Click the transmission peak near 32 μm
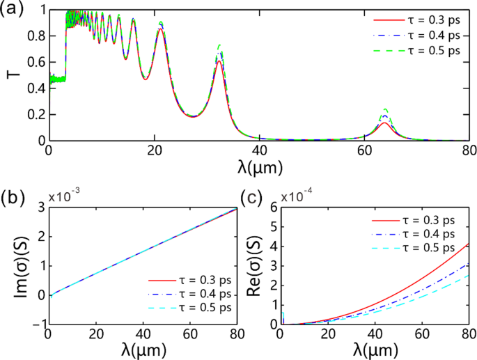tap(219, 49)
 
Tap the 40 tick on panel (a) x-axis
tap(258, 150)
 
